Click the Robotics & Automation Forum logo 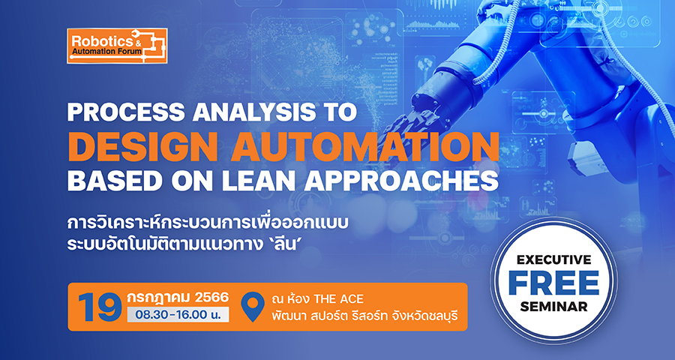click(x=117, y=46)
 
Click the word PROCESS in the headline click(x=127, y=112)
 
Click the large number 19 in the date click(x=100, y=307)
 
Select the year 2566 click(x=211, y=297)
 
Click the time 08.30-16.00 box click(x=178, y=314)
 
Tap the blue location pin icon click(x=252, y=307)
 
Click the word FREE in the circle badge click(x=553, y=283)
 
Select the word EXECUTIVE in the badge click(x=553, y=260)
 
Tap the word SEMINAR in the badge click(x=553, y=306)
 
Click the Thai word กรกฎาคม click(x=158, y=298)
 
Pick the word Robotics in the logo click(x=99, y=41)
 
